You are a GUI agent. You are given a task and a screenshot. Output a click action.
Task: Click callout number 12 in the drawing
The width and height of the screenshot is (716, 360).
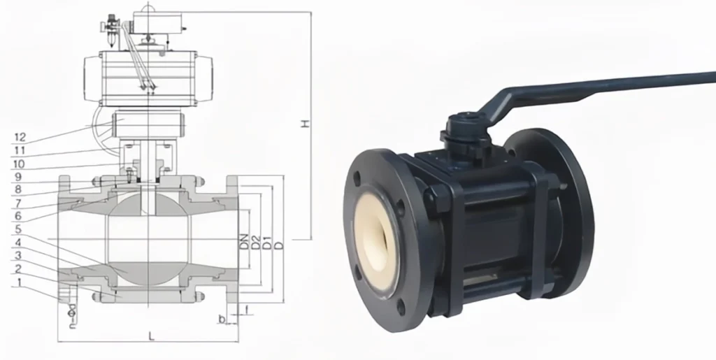19,136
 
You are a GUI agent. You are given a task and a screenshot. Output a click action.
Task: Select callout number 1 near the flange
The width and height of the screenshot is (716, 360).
20,282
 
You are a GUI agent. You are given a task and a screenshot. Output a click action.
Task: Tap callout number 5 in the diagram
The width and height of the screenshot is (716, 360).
20,229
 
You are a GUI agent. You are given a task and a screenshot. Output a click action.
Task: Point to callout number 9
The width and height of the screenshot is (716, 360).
20,176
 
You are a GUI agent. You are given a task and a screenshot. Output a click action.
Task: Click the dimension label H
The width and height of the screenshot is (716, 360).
304,124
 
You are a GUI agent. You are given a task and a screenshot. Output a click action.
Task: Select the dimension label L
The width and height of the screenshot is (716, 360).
151,336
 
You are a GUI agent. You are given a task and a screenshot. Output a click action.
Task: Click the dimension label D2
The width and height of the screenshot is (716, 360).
256,242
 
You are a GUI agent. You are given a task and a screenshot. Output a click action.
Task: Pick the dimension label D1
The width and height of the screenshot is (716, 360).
267,242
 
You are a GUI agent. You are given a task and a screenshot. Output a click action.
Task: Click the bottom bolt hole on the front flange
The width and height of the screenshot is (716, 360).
401,308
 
